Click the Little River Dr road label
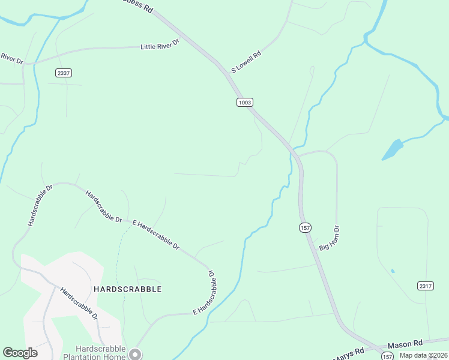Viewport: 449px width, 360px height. click(160, 45)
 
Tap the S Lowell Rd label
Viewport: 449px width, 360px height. click(246, 62)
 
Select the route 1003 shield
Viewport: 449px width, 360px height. click(244, 103)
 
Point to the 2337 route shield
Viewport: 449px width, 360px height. click(63, 73)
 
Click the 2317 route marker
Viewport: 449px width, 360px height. click(425, 286)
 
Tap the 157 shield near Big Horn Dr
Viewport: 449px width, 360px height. click(305, 227)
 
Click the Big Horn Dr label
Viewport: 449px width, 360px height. click(330, 238)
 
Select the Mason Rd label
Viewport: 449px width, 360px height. click(405, 344)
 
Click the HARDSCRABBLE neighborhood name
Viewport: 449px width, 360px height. click(128, 289)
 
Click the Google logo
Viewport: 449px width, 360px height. click(20, 353)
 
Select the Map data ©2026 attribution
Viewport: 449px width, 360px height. click(423, 355)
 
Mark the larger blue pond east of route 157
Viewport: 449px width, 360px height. click(392, 149)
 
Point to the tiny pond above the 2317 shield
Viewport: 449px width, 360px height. click(393, 271)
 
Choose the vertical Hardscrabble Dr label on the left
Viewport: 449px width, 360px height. click(40, 205)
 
